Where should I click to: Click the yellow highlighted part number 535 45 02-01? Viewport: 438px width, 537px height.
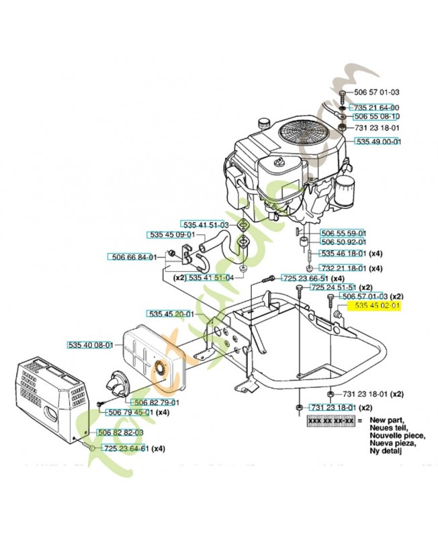(x=377, y=305)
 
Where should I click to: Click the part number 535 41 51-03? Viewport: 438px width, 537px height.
(x=205, y=225)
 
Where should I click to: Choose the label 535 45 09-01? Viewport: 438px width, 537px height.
(x=171, y=234)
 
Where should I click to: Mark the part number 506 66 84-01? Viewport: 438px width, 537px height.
(x=132, y=256)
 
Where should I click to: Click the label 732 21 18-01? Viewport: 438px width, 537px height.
(x=343, y=268)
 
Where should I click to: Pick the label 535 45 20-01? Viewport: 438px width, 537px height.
(x=171, y=313)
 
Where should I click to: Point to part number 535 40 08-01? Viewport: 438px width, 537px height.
(x=91, y=345)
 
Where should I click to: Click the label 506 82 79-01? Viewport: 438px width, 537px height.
(x=156, y=402)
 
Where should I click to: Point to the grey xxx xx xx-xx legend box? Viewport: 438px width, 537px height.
(x=330, y=421)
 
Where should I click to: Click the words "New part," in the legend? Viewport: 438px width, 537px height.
(x=384, y=419)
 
